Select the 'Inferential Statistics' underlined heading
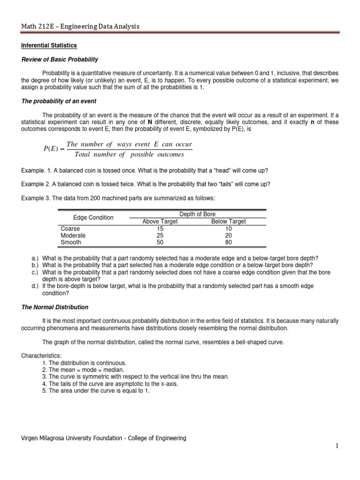[x=49, y=45]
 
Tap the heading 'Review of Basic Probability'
[x=60, y=59]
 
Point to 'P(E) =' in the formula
[x=53, y=149]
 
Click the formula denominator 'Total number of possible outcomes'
[x=126, y=155]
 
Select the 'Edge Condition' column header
[x=93, y=217]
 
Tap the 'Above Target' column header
[x=160, y=221]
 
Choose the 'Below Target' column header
[x=228, y=221]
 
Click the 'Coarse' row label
[x=70, y=228]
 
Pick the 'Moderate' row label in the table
[x=73, y=235]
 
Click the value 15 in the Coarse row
[x=160, y=228]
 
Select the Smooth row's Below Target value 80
[x=228, y=242]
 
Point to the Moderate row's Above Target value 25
[x=160, y=235]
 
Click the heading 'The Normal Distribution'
[x=54, y=307]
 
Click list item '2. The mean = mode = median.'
[x=82, y=369]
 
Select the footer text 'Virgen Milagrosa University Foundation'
[x=75, y=438]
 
